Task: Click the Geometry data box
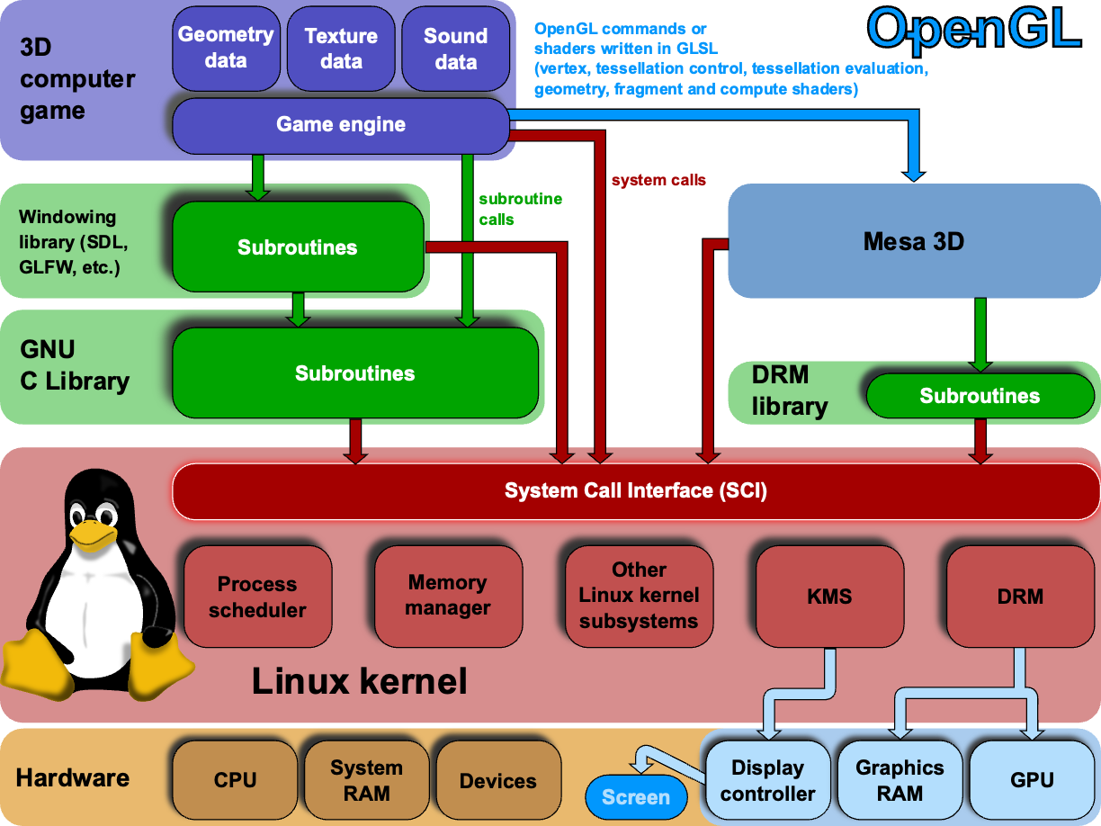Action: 225,49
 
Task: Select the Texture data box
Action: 341,49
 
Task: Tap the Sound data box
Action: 455,49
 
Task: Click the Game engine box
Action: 340,124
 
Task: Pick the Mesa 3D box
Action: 913,241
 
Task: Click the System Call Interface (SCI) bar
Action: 635,490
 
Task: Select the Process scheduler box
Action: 257,597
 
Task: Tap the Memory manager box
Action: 448,596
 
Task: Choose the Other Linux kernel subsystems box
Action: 639,596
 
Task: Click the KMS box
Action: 829,596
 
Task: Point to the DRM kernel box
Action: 1020,596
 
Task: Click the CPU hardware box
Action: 235,780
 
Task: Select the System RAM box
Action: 366,780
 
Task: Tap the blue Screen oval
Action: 635,797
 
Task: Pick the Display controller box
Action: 767,780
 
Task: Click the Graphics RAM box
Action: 900,780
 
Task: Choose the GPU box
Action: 1032,780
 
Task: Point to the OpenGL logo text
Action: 973,29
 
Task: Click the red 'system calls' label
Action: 658,180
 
